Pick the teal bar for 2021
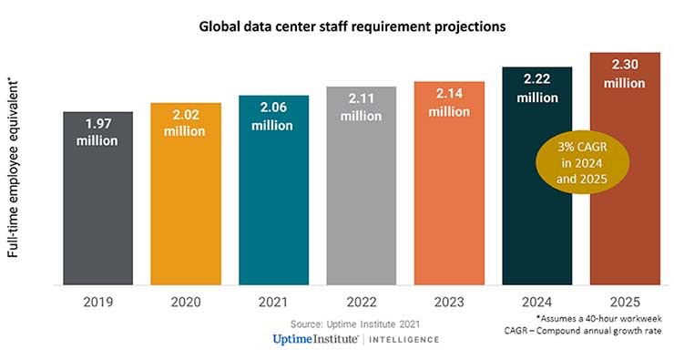[273, 210]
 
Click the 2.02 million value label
[185, 123]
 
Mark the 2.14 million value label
[449, 102]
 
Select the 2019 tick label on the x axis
[97, 301]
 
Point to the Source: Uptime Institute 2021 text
[354, 324]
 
